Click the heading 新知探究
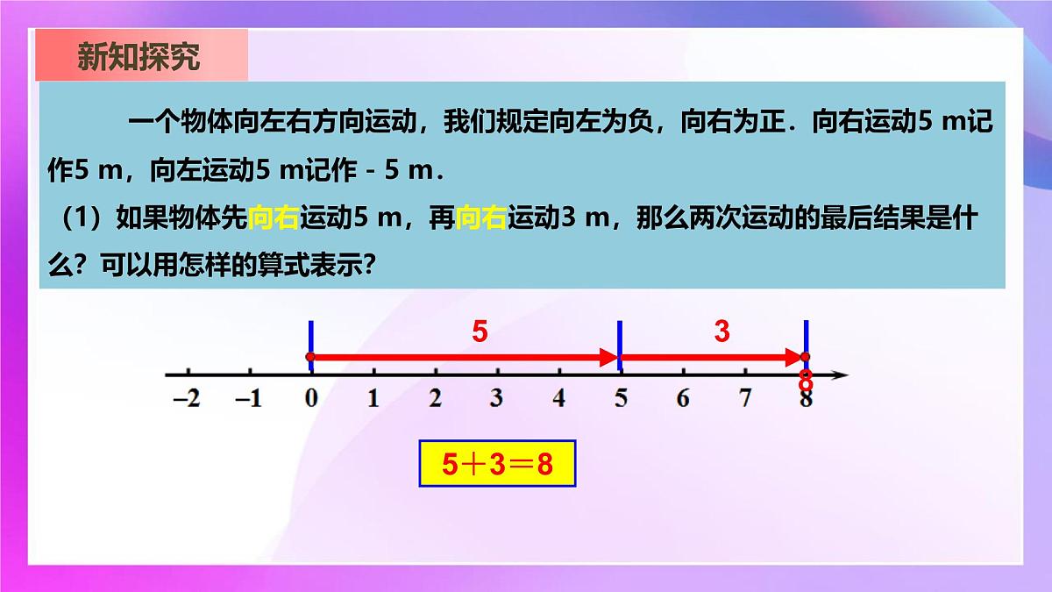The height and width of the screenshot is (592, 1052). click(139, 57)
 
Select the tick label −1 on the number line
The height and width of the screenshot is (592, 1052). click(249, 399)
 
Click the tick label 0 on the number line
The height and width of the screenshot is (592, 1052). click(310, 399)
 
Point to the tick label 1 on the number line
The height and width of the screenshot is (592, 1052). click(373, 399)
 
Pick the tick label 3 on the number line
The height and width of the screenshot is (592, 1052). click(497, 399)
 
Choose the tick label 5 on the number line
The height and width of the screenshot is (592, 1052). click(621, 399)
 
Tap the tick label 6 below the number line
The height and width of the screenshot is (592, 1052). click(682, 399)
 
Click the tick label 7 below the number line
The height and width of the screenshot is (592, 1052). click(744, 399)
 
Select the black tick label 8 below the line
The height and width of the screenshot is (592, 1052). click(807, 401)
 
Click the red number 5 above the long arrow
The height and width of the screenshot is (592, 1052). click(480, 332)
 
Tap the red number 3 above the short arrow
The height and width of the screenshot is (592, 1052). click(721, 332)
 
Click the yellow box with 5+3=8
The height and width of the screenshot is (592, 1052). click(497, 464)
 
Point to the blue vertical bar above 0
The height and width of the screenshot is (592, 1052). click(310, 338)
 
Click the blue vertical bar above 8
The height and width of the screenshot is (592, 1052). click(807, 338)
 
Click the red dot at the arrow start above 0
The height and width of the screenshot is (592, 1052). click(309, 357)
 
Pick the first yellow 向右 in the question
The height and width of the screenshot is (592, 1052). click(274, 219)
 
